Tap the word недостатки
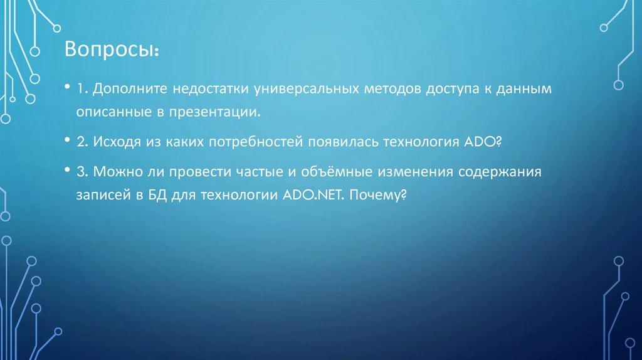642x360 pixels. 208,89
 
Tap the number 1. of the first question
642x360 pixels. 82,89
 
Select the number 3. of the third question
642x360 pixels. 83,172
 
